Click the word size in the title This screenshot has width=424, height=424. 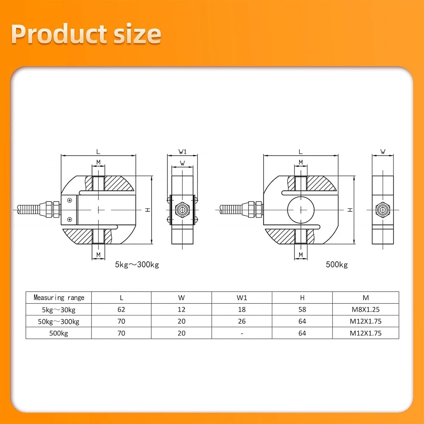(137, 34)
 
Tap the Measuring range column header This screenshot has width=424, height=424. (59, 298)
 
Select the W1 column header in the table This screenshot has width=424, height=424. (242, 298)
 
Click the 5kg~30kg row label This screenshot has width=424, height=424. (59, 310)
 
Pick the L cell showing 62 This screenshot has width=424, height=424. (121, 310)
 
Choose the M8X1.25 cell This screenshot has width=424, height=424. (365, 310)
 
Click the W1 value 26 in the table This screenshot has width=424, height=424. (242, 321)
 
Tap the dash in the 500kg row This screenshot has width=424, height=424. (242, 334)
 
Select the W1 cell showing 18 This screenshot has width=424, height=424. (242, 310)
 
